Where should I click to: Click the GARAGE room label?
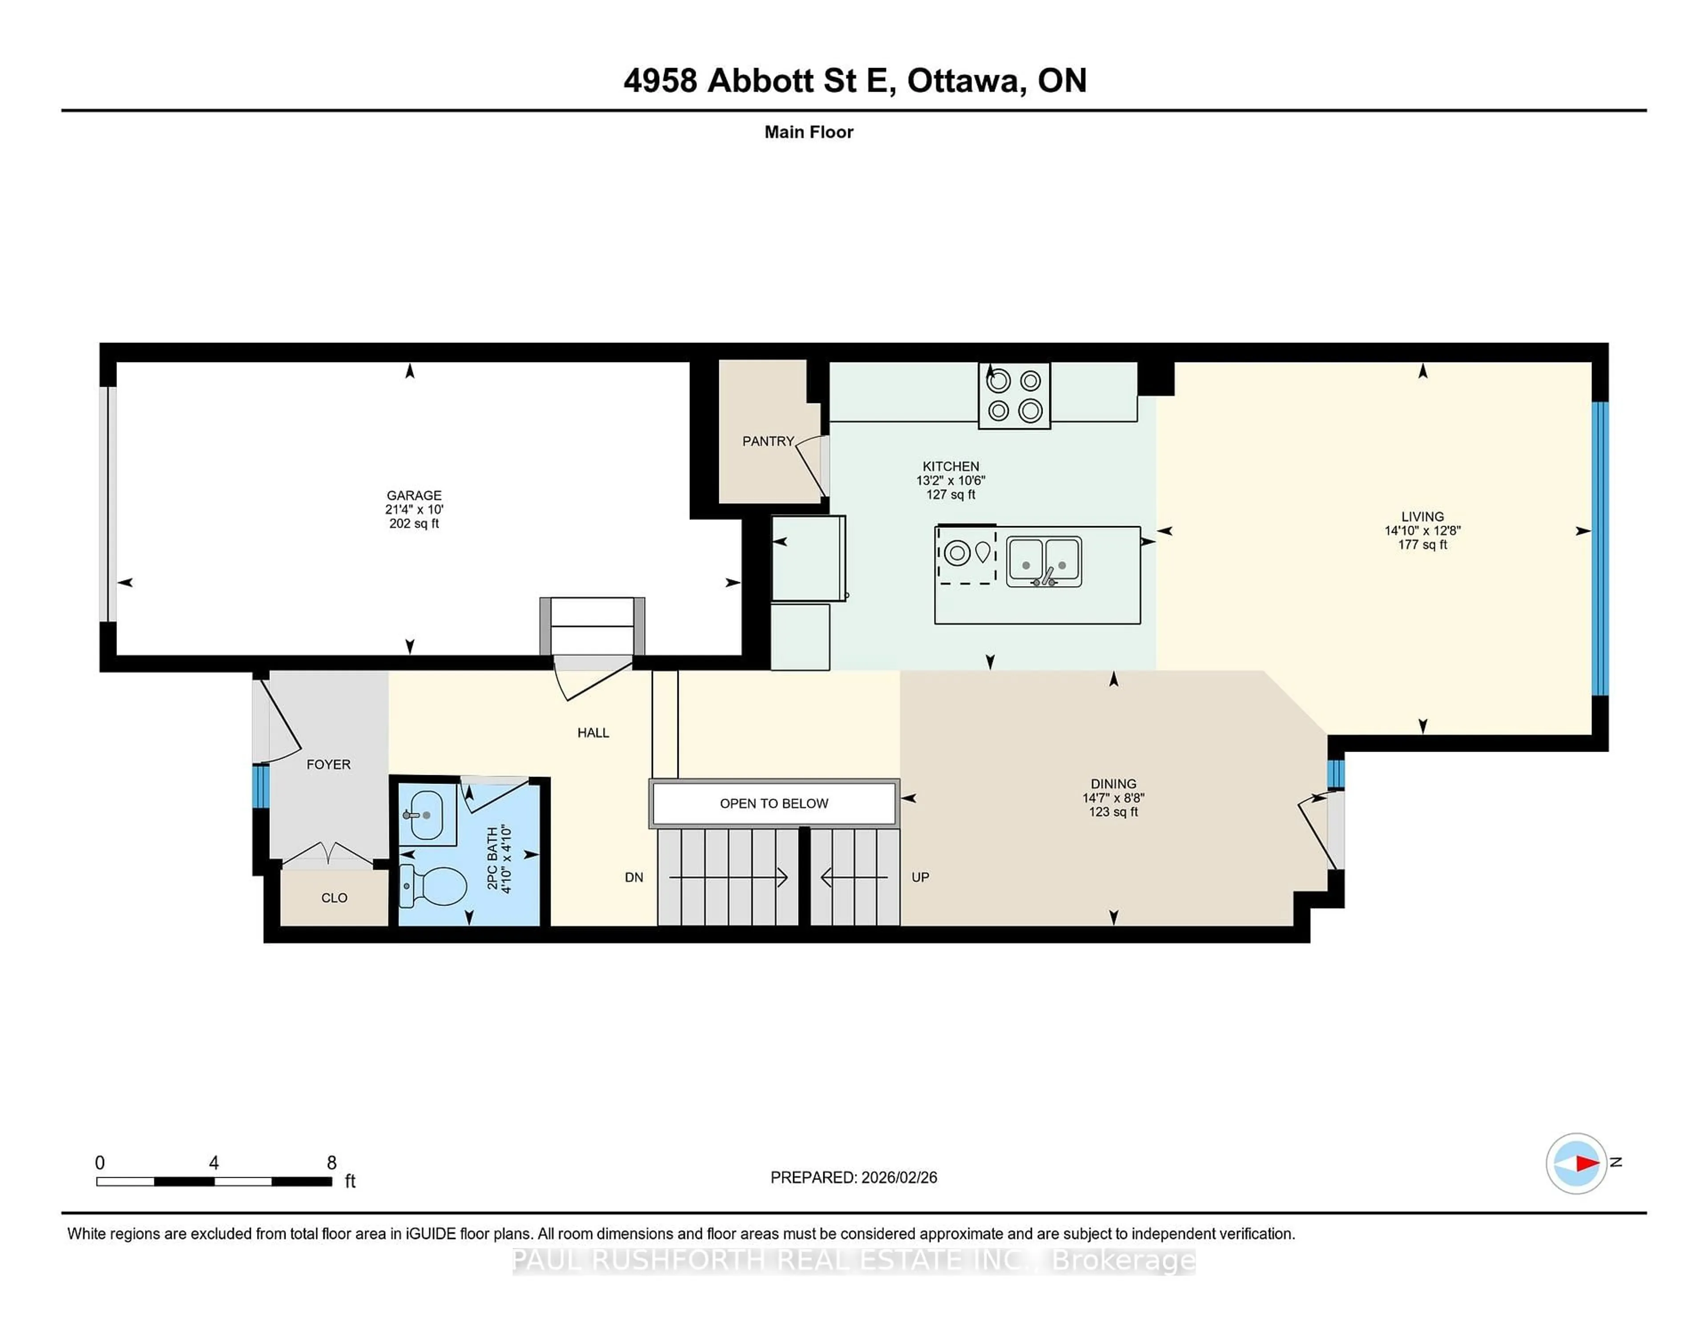414,495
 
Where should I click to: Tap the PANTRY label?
767,441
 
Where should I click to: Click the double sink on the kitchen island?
1043,561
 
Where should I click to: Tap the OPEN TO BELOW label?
773,803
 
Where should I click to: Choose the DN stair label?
633,877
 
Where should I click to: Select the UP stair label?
920,877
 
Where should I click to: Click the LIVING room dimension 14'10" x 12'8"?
1422,530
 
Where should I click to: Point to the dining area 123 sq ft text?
1113,812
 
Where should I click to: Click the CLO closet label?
334,898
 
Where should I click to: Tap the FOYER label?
328,764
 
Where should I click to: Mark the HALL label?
593,733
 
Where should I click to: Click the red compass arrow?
1587,1163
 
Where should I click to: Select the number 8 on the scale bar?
331,1163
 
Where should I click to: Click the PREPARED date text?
853,1177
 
